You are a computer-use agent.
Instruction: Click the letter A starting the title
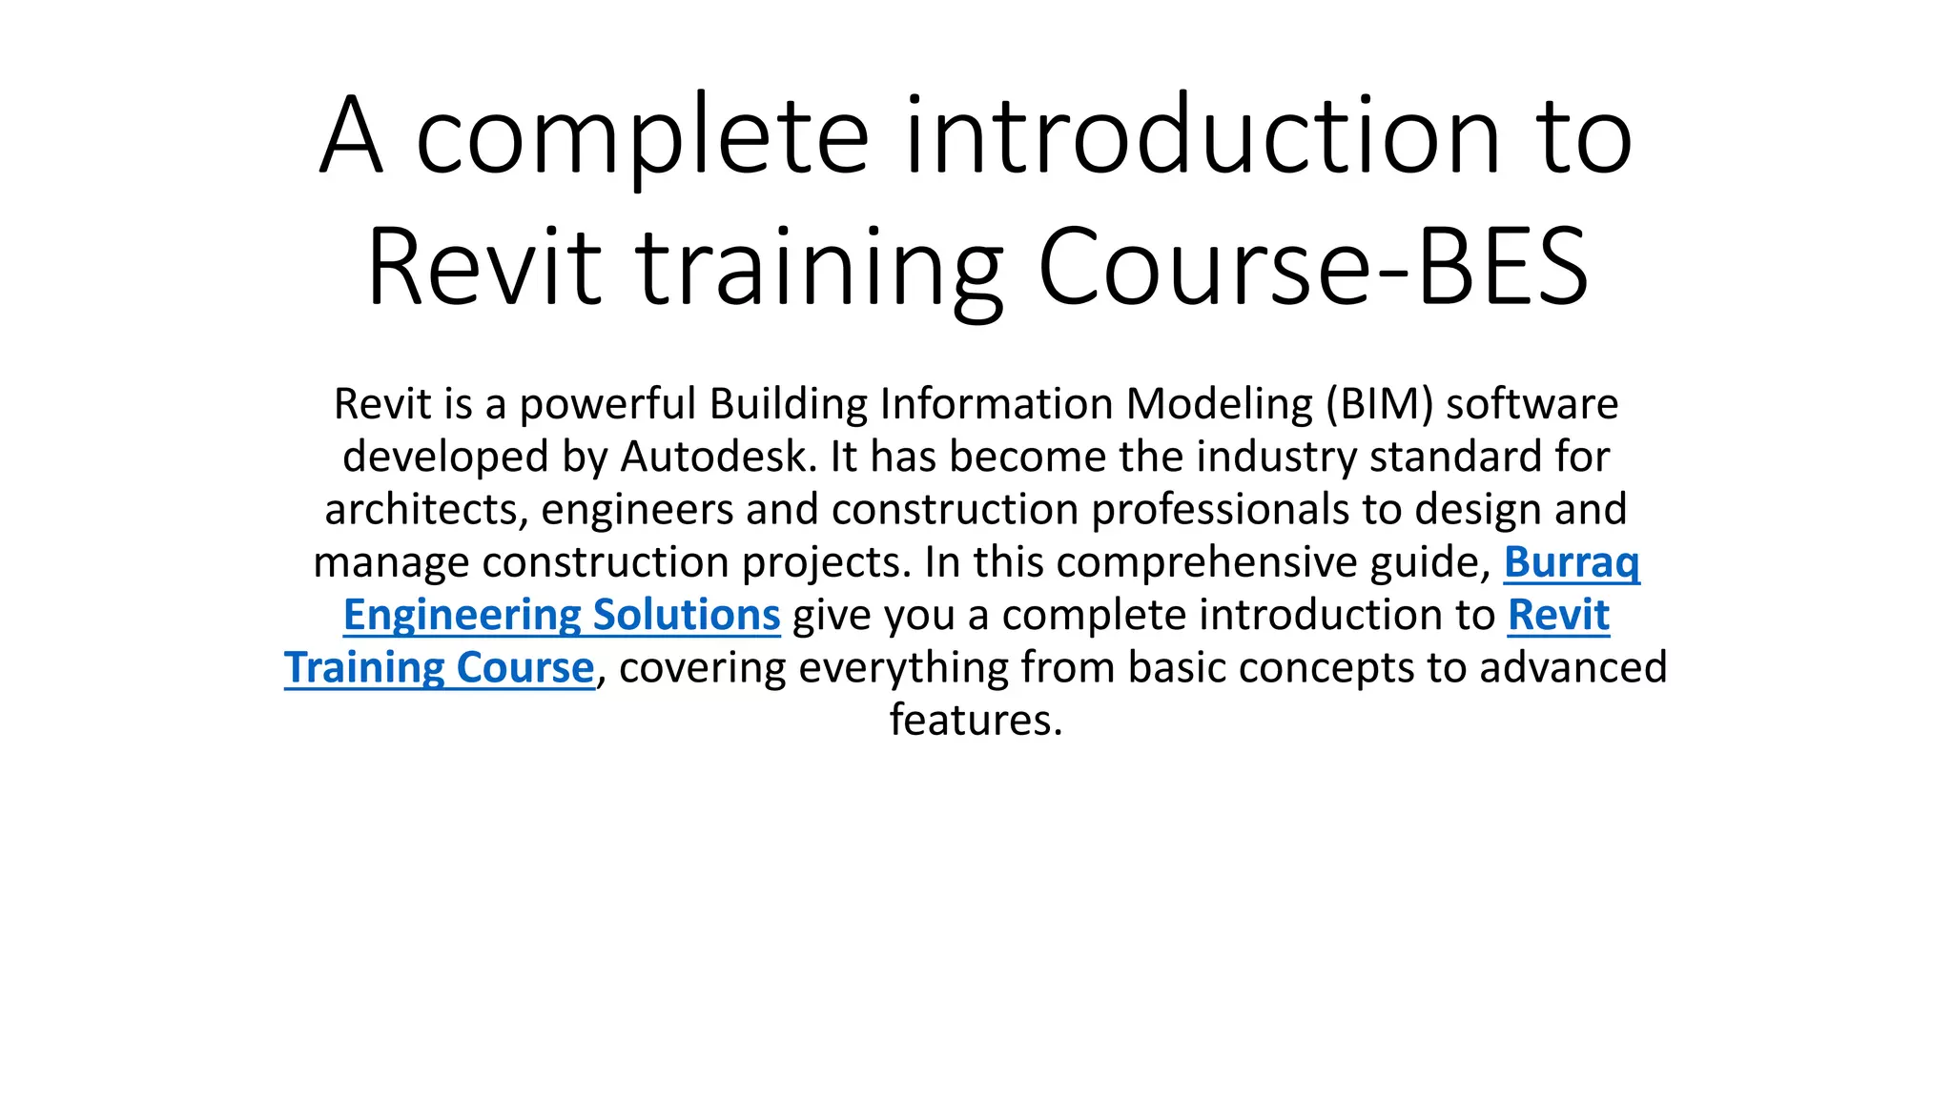pos(352,135)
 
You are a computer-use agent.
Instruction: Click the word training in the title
pos(819,269)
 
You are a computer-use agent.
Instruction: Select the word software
pos(1532,405)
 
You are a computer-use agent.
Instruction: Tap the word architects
pos(421,510)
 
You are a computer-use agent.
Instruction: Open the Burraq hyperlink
pos(1572,562)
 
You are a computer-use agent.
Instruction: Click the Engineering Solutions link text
pos(562,615)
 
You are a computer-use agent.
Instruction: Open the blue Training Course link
pos(440,667)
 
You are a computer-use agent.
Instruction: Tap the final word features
pos(975,720)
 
